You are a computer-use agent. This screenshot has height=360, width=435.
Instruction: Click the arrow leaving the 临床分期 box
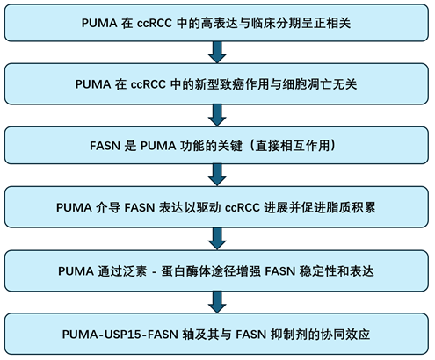point(217,52)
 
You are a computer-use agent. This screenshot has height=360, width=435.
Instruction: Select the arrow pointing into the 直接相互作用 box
point(217,115)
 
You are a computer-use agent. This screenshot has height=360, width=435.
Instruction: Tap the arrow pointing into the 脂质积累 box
point(217,175)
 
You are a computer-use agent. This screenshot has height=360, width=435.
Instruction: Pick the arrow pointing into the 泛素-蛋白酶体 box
point(217,239)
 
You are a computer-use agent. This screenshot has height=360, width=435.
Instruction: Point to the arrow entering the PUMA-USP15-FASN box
point(217,302)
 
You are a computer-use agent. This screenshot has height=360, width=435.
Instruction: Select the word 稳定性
point(317,271)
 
